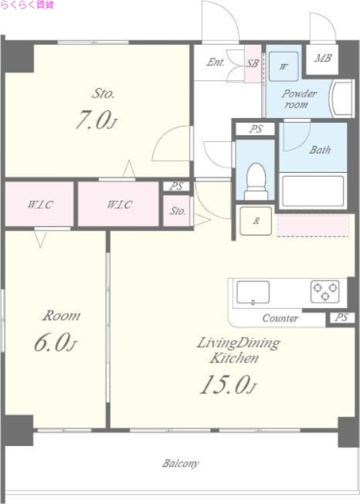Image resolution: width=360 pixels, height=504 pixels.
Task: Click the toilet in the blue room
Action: point(256,182)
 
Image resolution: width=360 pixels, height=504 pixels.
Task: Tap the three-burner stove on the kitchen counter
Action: point(325,292)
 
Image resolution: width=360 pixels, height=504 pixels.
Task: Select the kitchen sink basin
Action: point(253,293)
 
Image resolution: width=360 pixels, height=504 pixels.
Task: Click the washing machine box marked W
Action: point(284,66)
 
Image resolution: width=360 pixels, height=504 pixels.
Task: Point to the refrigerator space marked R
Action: point(256,221)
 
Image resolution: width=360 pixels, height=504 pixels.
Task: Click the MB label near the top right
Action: point(323,58)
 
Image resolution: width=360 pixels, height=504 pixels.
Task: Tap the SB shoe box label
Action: point(253,63)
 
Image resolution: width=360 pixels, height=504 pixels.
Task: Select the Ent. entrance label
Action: point(216,62)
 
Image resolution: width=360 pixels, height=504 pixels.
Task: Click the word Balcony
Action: point(181,464)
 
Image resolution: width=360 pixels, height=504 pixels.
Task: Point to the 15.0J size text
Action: point(228,384)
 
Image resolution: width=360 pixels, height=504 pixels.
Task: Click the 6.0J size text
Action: point(55,343)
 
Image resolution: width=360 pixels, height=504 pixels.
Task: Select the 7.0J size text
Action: point(96,120)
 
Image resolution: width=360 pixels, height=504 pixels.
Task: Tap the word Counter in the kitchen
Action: point(280,318)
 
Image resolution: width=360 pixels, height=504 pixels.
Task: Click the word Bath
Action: point(320,150)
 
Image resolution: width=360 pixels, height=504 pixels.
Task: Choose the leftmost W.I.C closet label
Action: point(40,205)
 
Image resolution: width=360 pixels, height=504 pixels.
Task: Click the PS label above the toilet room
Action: point(256,129)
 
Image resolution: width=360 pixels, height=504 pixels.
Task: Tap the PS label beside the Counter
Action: point(341,317)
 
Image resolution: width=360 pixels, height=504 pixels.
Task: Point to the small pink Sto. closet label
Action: point(178,211)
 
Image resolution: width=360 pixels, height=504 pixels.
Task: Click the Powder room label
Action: point(299,99)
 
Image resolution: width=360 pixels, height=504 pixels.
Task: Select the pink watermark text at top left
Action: point(27,5)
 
